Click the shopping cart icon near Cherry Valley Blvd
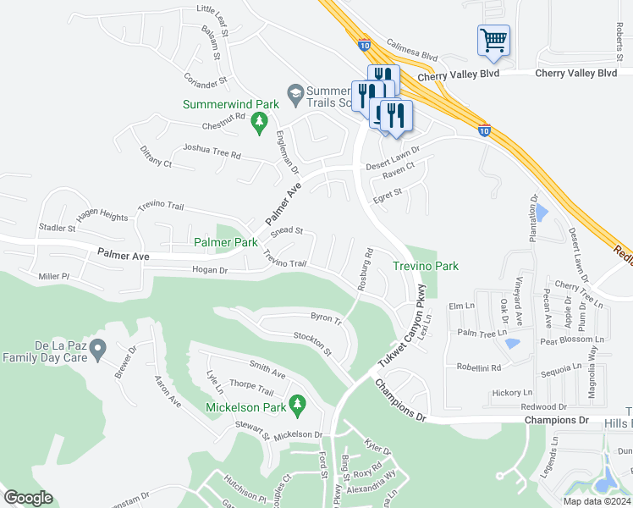(x=493, y=40)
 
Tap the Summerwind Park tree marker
(x=258, y=125)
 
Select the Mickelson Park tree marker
(x=296, y=406)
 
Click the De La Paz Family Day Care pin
(x=97, y=347)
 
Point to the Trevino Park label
(x=427, y=266)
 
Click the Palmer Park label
(x=226, y=242)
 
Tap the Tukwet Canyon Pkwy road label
(x=405, y=326)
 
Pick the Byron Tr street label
(x=326, y=318)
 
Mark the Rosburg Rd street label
(x=365, y=269)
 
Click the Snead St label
(x=287, y=230)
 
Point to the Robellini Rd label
(x=479, y=368)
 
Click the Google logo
(x=28, y=498)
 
